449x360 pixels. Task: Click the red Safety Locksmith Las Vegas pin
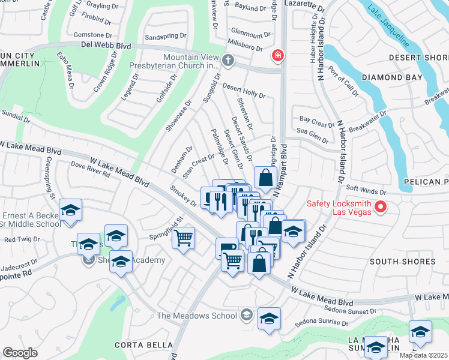[380, 208]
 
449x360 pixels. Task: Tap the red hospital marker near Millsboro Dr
[277, 56]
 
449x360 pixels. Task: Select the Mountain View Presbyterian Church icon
[228, 60]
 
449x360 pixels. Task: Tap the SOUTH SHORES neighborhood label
[402, 262]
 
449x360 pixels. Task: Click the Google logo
[20, 353]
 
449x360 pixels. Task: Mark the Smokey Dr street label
[184, 196]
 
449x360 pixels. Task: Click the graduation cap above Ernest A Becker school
[70, 211]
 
